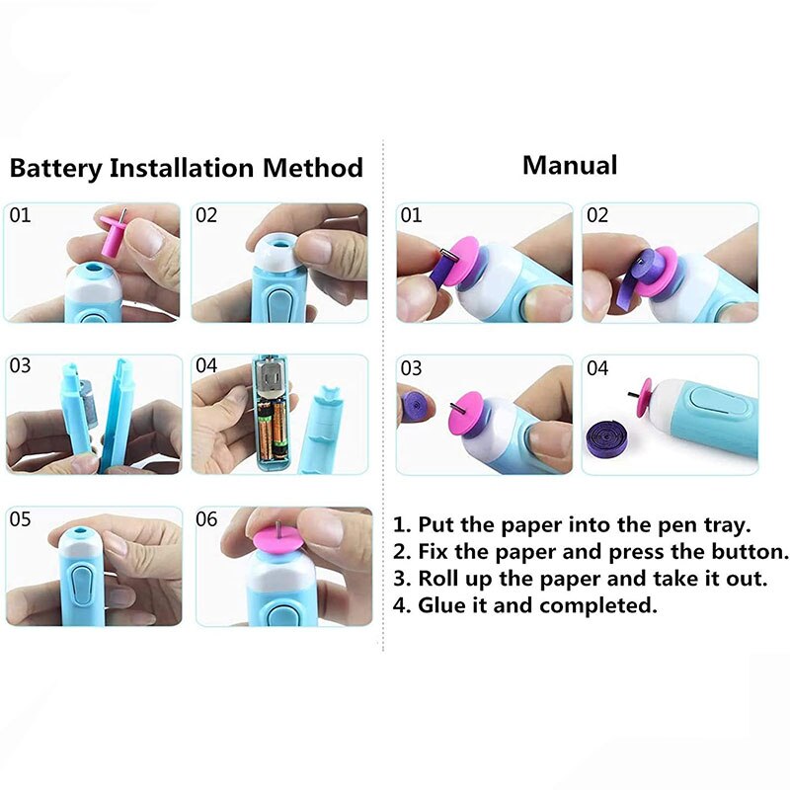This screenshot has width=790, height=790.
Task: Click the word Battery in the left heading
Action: (55, 168)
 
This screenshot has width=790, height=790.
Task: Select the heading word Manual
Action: (570, 165)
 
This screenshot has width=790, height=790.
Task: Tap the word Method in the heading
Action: (313, 168)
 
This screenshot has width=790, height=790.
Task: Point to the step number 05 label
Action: (21, 519)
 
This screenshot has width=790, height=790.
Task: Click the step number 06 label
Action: (206, 519)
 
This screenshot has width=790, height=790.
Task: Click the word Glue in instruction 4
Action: (442, 605)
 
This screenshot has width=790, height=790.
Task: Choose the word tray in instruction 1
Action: (726, 524)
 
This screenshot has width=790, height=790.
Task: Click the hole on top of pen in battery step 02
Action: (279, 240)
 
